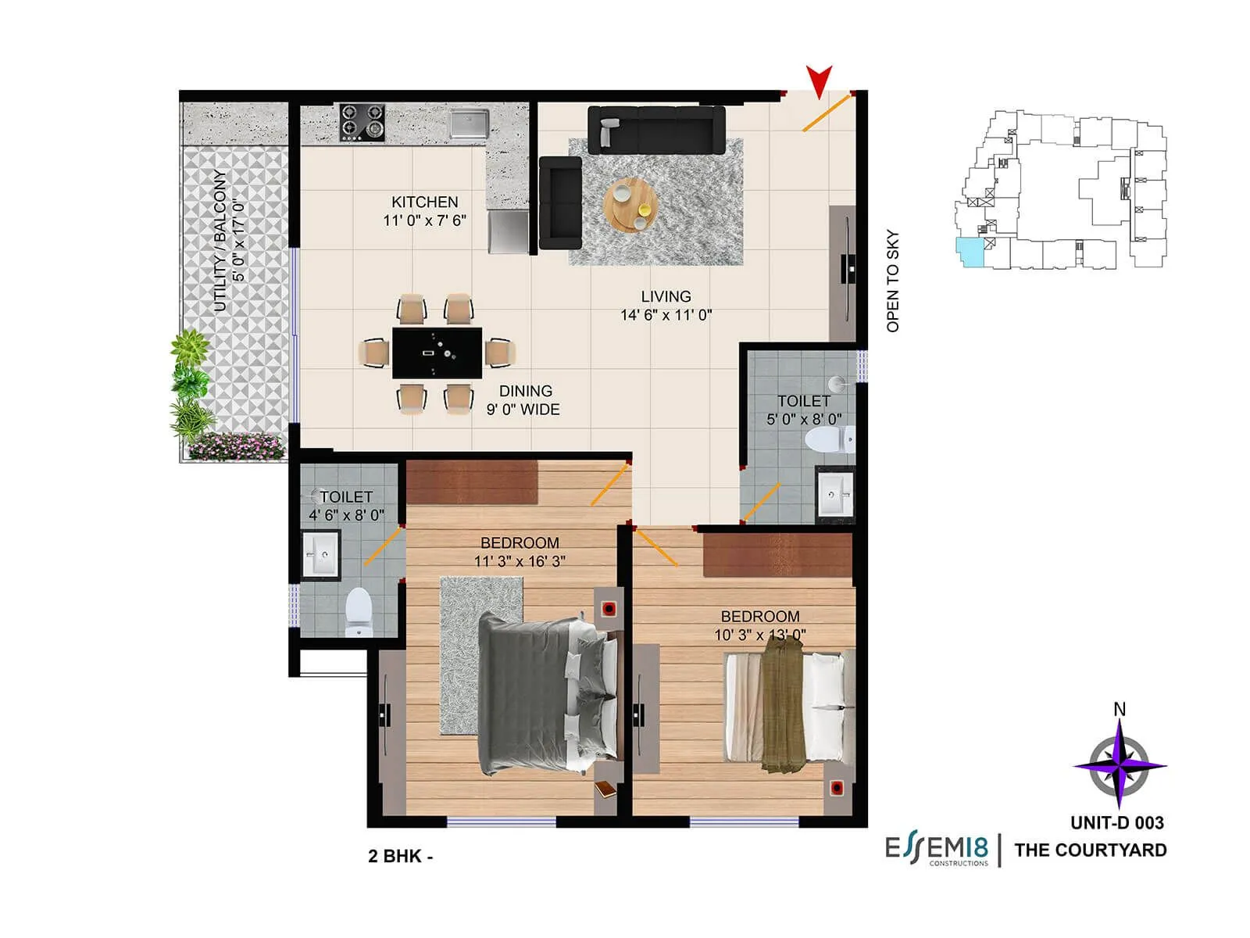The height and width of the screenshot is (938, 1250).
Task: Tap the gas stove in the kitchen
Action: click(x=362, y=123)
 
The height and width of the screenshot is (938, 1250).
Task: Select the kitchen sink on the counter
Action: click(x=469, y=124)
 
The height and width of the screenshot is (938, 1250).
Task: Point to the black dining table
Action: click(x=437, y=353)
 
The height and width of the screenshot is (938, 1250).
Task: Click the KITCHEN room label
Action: click(x=424, y=202)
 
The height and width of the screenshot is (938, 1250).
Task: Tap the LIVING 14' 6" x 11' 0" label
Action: click(x=666, y=306)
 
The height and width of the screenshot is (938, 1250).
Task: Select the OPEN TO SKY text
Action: click(x=893, y=281)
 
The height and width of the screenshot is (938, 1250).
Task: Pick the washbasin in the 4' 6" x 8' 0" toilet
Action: click(x=321, y=555)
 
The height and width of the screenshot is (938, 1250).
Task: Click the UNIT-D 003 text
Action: click(x=1117, y=822)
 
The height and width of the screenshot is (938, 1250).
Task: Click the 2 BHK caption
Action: click(x=400, y=856)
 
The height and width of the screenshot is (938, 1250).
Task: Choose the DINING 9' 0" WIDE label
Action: click(x=524, y=399)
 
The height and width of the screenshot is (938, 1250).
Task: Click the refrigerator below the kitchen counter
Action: click(x=508, y=232)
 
